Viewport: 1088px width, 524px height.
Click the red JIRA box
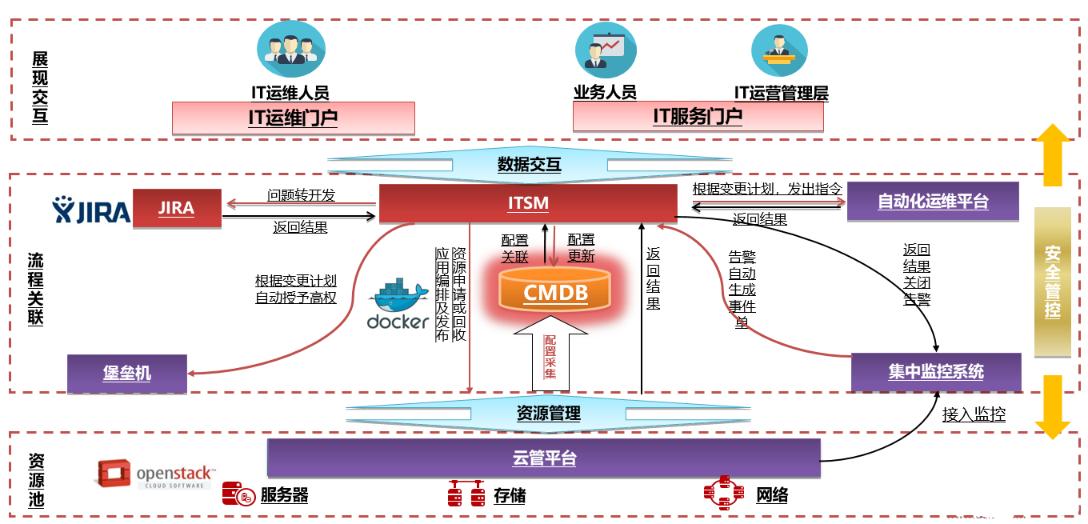(177, 208)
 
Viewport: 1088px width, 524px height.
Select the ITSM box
(528, 203)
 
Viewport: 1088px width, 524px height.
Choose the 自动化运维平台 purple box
(933, 202)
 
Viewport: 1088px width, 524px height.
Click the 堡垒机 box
(127, 373)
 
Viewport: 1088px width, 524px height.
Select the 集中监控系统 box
(936, 372)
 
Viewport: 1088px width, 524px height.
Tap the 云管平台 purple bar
(544, 458)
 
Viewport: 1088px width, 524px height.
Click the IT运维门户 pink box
(293, 118)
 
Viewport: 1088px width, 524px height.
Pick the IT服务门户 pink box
(698, 116)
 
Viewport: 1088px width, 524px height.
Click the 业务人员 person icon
(606, 50)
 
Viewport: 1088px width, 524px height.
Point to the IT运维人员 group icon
(290, 47)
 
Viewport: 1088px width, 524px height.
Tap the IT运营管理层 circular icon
(779, 50)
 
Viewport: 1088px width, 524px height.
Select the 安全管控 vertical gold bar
(1052, 282)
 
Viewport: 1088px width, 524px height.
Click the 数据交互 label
(529, 165)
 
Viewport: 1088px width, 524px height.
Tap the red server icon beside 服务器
(238, 495)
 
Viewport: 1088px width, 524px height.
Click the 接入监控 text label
(974, 414)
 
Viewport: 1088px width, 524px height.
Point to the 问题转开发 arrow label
(301, 195)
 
